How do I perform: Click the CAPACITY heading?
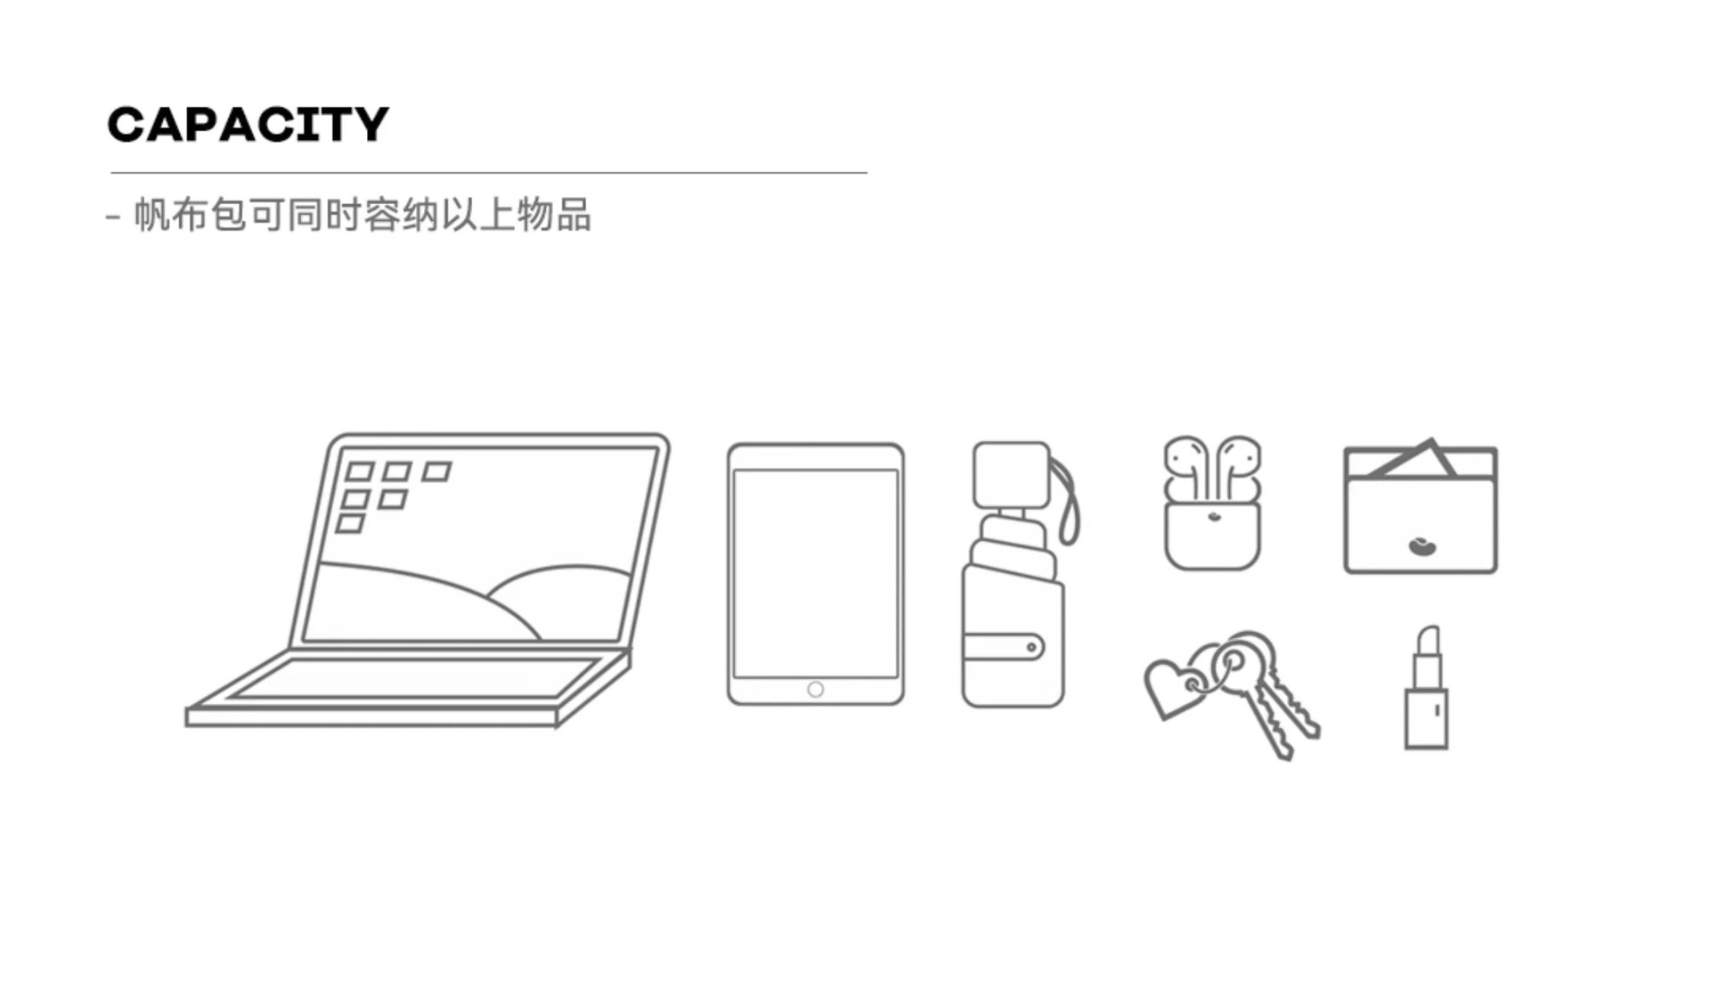(248, 124)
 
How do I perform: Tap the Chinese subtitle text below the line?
(361, 216)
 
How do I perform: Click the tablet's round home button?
(815, 689)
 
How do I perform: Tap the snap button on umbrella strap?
(1031, 647)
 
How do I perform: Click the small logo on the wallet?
(1422, 545)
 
